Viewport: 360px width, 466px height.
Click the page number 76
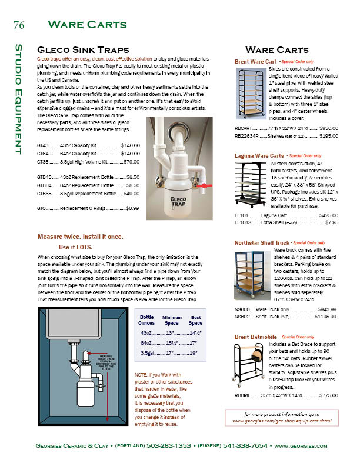click(x=18, y=25)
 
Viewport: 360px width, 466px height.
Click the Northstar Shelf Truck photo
click(x=252, y=276)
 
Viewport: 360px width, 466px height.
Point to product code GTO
click(x=42, y=208)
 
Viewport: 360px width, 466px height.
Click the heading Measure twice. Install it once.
click(x=81, y=236)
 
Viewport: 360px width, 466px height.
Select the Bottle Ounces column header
click(x=147, y=320)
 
